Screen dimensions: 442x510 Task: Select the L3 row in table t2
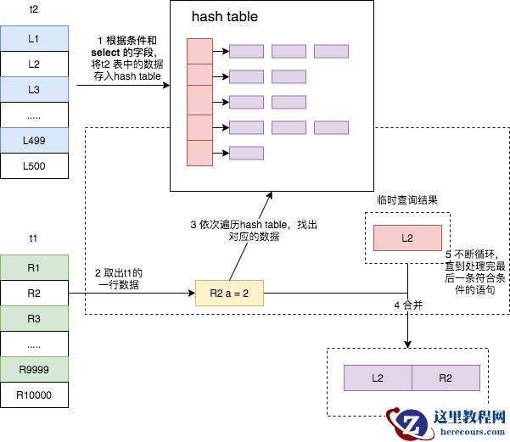(x=34, y=89)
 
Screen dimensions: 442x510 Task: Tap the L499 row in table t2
(x=34, y=140)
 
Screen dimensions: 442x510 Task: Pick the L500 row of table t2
(x=34, y=165)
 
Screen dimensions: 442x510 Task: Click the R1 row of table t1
(x=34, y=268)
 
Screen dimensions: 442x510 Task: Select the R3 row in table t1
(x=34, y=319)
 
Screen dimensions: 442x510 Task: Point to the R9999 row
(x=34, y=370)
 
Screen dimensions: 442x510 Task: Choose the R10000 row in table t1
(x=34, y=395)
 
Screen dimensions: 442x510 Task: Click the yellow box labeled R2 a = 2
(x=229, y=294)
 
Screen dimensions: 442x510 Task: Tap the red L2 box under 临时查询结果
(x=407, y=238)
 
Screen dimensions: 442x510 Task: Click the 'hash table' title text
(x=224, y=17)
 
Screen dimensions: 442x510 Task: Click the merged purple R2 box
(x=446, y=378)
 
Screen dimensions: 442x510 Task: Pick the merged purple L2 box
(x=378, y=378)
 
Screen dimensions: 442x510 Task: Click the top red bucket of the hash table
(x=199, y=51)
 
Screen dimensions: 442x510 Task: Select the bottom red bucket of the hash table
(x=199, y=153)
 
